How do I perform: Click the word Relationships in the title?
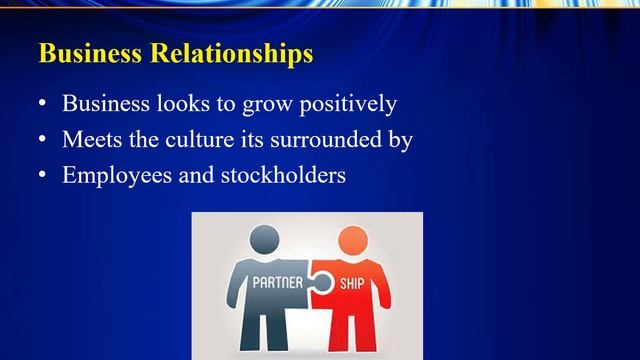pos(235,54)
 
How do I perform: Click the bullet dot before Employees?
pos(42,176)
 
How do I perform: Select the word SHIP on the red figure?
pos(350,282)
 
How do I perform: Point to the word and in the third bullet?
pos(199,175)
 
